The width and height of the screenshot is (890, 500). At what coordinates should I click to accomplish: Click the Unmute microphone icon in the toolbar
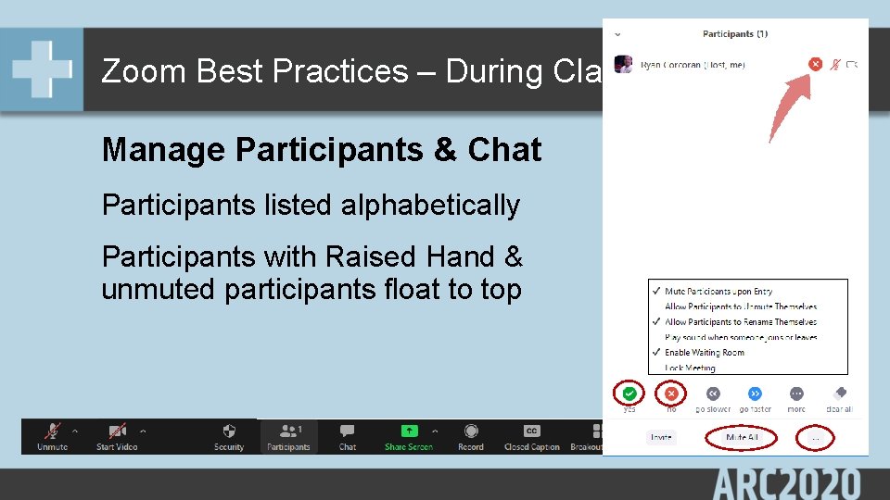pyautogui.click(x=52, y=431)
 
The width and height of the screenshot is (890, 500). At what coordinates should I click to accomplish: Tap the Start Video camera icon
pyautogui.click(x=117, y=431)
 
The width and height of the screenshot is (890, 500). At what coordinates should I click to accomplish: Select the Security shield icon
pyautogui.click(x=229, y=431)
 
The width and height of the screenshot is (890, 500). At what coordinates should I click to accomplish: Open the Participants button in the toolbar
pyautogui.click(x=288, y=431)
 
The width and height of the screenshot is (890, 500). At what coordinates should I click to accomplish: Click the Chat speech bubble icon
pyautogui.click(x=348, y=431)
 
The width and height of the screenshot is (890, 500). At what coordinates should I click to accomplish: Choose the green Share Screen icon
pyautogui.click(x=409, y=431)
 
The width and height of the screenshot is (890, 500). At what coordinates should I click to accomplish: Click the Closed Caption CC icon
pyautogui.click(x=531, y=431)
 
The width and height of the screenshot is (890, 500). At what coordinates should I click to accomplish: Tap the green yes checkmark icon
pyautogui.click(x=629, y=394)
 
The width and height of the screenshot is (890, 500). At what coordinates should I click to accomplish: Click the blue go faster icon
pyautogui.click(x=755, y=394)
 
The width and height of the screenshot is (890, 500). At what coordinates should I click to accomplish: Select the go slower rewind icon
pyautogui.click(x=712, y=394)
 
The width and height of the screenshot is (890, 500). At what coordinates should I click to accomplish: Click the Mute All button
pyautogui.click(x=742, y=437)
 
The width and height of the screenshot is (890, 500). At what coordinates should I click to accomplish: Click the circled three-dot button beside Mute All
pyautogui.click(x=816, y=437)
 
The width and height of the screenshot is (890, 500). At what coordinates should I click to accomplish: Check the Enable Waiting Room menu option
pyautogui.click(x=704, y=353)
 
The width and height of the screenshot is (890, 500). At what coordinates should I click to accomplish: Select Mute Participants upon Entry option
pyautogui.click(x=718, y=292)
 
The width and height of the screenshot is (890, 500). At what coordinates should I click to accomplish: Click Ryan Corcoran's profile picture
pyautogui.click(x=625, y=65)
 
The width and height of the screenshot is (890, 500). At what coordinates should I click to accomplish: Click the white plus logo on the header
pyautogui.click(x=42, y=69)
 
